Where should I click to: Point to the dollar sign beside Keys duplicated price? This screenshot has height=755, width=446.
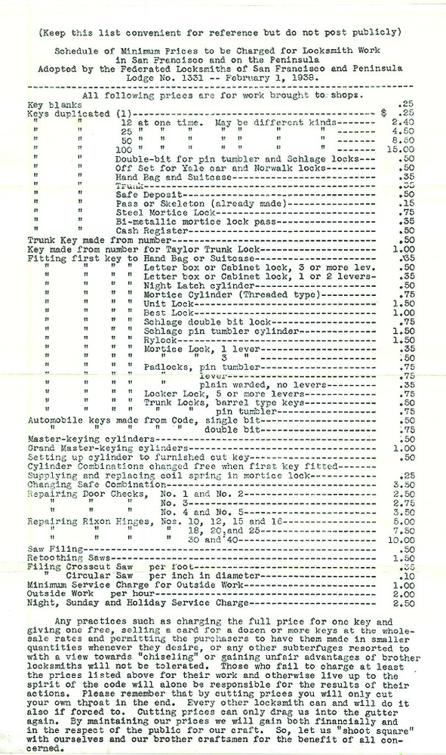click(x=385, y=113)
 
